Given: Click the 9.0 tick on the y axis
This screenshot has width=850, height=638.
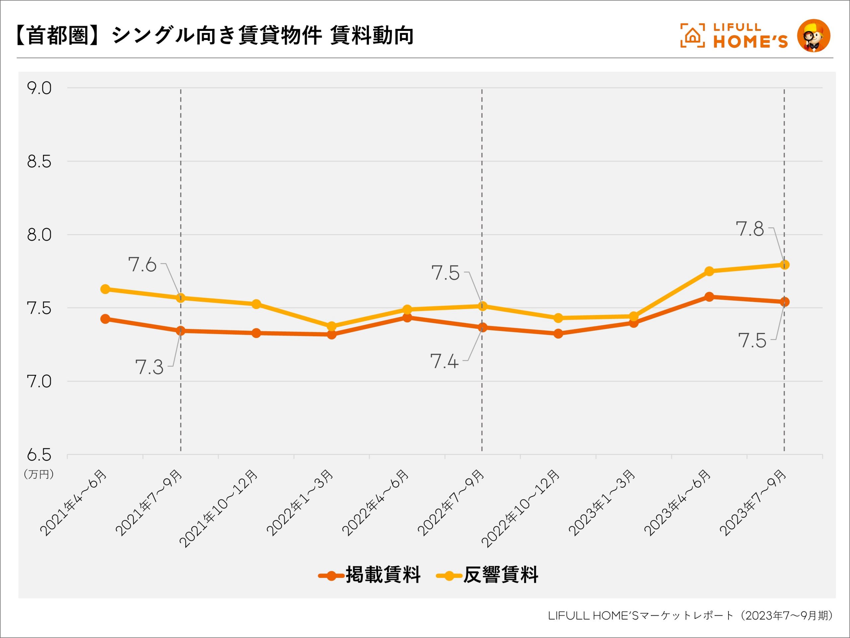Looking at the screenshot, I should [x=39, y=88].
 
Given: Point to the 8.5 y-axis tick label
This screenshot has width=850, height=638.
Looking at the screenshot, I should [x=39, y=162].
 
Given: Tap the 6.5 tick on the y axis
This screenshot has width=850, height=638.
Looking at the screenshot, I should [x=39, y=455].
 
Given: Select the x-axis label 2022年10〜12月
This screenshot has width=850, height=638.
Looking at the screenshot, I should [x=521, y=508].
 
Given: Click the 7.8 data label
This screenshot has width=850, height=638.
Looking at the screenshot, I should [x=749, y=229].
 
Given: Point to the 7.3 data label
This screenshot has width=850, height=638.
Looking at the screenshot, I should [x=149, y=368].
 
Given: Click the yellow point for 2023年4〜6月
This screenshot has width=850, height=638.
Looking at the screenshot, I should [x=709, y=271].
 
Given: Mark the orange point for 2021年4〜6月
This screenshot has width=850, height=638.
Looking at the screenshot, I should [x=105, y=319].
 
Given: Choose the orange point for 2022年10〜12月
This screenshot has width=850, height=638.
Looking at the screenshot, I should [x=558, y=333].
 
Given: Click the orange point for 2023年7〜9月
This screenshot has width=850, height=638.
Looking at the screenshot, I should [x=785, y=302].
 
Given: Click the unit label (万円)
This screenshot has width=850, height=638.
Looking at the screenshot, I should [x=39, y=474].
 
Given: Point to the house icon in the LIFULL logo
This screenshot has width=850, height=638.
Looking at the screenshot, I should [x=692, y=36].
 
